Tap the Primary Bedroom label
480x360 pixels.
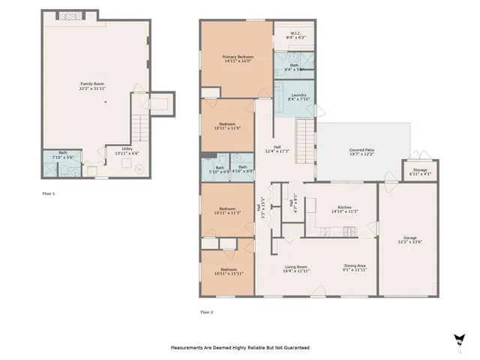(237, 59)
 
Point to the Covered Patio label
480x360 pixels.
(361, 152)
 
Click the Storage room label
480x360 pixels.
(420, 172)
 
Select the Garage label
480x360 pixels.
(409, 240)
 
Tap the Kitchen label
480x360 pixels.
(344, 209)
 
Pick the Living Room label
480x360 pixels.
(296, 268)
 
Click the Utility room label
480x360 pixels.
(115, 150)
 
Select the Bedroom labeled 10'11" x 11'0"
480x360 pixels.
(227, 126)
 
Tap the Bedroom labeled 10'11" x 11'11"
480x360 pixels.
(227, 271)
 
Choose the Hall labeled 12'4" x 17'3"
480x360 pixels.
(277, 149)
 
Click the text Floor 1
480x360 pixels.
(49, 193)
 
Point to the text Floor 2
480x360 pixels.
(206, 311)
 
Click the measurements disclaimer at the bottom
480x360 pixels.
(240, 348)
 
